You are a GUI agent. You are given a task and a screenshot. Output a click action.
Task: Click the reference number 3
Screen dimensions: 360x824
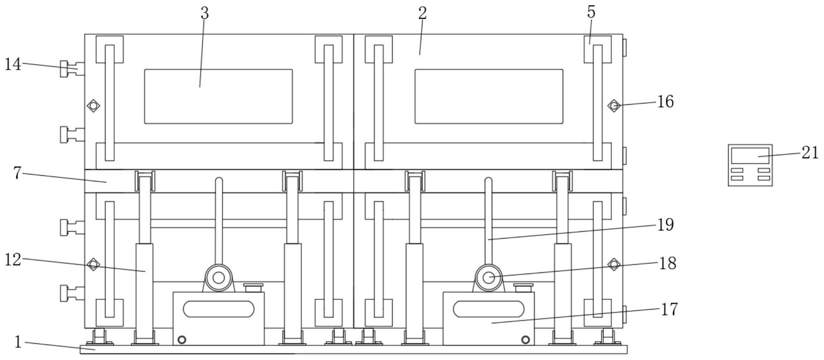(x=205, y=13)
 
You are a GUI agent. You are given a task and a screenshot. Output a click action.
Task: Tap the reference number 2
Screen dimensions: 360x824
(x=422, y=13)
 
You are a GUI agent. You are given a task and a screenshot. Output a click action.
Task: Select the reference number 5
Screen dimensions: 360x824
(x=591, y=12)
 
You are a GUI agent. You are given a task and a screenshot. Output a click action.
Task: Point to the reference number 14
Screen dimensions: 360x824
(x=13, y=64)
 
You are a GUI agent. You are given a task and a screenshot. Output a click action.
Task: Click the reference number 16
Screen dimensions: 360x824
(x=665, y=102)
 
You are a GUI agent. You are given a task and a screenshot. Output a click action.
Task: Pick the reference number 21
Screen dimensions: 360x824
(x=810, y=153)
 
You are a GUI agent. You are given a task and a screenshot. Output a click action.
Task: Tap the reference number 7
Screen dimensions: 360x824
(x=17, y=173)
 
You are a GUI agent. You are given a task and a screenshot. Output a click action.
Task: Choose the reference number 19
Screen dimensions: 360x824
(x=665, y=224)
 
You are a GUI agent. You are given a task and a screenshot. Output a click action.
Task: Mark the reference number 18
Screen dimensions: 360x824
(x=667, y=263)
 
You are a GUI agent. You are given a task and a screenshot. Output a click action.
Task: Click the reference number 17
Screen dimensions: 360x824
(x=670, y=309)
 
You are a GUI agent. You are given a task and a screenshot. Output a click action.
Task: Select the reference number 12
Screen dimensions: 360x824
(x=13, y=259)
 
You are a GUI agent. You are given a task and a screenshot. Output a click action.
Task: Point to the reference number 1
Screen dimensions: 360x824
(x=18, y=342)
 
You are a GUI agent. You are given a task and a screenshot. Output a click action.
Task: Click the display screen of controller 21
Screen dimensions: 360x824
(x=750, y=156)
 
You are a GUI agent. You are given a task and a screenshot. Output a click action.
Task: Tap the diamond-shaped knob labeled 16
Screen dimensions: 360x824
(x=614, y=105)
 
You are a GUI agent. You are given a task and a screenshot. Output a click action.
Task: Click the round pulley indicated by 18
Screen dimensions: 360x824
(x=488, y=278)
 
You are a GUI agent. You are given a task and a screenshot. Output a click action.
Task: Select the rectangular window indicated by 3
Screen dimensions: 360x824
(x=219, y=97)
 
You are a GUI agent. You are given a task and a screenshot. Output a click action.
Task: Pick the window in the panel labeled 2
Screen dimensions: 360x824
(x=488, y=97)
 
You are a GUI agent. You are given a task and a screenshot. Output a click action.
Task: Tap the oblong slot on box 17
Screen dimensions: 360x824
(x=488, y=309)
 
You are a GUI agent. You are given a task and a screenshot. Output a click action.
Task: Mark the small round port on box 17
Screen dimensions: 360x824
(x=526, y=340)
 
